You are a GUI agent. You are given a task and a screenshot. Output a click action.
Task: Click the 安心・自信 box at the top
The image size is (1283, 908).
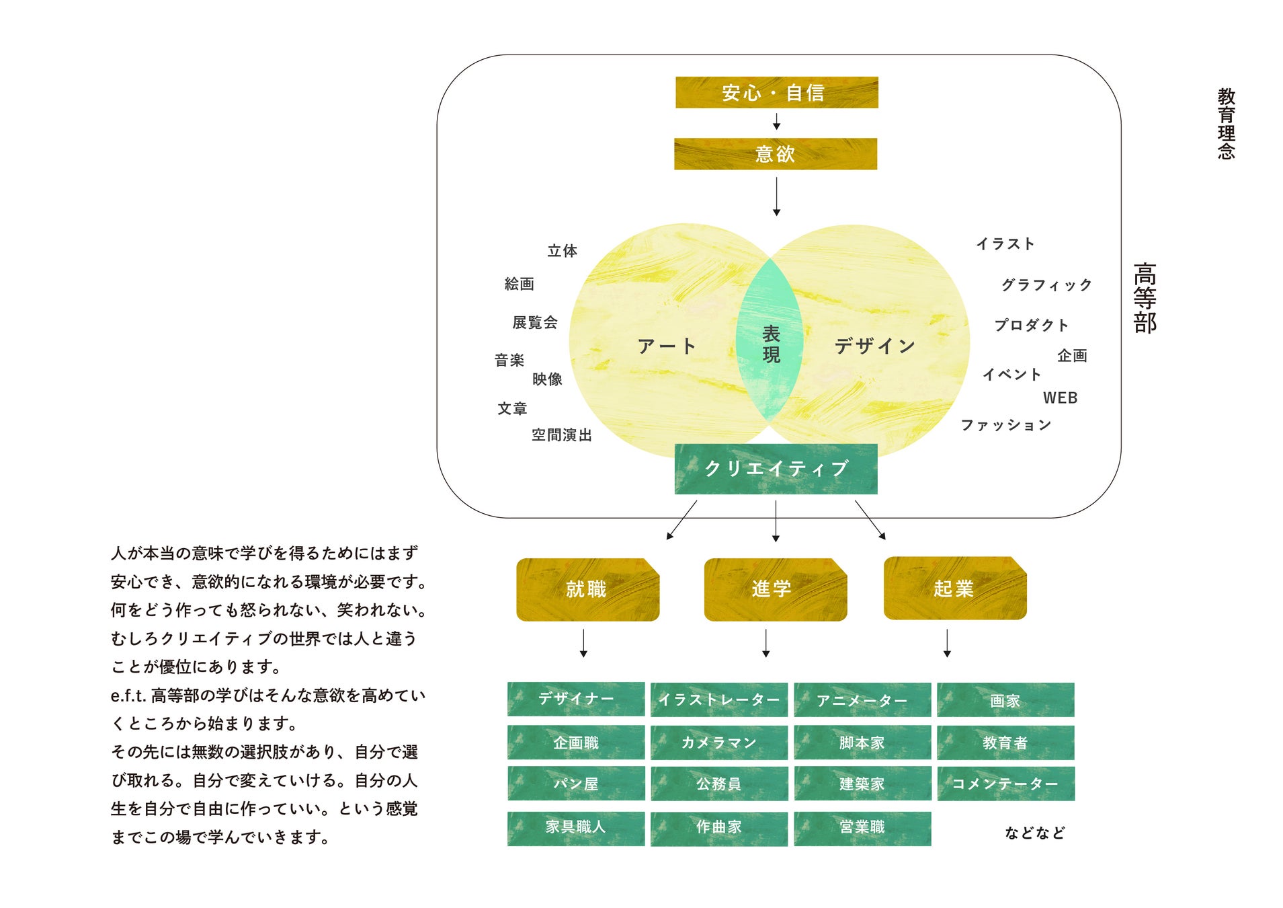pyautogui.click(x=776, y=92)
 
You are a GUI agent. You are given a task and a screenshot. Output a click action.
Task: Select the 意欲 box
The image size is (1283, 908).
pyautogui.click(x=776, y=154)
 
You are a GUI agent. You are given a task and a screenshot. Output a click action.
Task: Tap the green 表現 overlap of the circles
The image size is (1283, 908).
pyautogui.click(x=770, y=343)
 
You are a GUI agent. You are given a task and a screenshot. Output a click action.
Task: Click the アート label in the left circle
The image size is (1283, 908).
pyautogui.click(x=666, y=346)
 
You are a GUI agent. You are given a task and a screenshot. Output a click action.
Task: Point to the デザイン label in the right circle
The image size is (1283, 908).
pyautogui.click(x=874, y=346)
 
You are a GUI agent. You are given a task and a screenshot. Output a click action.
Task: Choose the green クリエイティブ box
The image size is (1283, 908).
pyautogui.click(x=776, y=469)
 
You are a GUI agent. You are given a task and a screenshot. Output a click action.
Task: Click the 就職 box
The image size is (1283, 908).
pyautogui.click(x=587, y=589)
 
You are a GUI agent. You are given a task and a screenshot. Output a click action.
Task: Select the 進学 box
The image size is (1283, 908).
pyautogui.click(x=775, y=589)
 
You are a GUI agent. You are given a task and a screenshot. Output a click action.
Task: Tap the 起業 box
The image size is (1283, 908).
pyautogui.click(x=954, y=589)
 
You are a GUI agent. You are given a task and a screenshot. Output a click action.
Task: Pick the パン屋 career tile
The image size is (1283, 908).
pyautogui.click(x=576, y=784)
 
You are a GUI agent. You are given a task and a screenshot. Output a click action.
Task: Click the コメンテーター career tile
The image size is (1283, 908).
pyautogui.click(x=1005, y=784)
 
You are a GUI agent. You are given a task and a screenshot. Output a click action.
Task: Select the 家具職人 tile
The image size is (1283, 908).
pyautogui.click(x=576, y=827)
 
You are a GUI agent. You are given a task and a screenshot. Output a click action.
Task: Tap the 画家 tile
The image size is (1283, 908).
pyautogui.click(x=1005, y=700)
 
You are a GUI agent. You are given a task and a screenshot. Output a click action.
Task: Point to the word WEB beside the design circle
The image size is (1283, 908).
pyautogui.click(x=1060, y=398)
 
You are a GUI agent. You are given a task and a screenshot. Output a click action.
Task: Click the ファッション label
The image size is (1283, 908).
pyautogui.click(x=1005, y=425)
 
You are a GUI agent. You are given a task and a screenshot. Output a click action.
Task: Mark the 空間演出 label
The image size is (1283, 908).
pyautogui.click(x=561, y=435)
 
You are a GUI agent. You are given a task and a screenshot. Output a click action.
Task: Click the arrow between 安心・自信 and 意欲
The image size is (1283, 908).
pyautogui.click(x=776, y=122)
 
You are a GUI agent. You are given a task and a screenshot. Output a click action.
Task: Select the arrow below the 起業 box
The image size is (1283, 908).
pyautogui.click(x=947, y=644)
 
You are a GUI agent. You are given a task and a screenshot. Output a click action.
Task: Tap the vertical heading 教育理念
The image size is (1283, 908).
pyautogui.click(x=1226, y=124)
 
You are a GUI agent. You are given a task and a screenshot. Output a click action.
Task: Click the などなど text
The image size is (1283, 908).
pyautogui.click(x=1034, y=833)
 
